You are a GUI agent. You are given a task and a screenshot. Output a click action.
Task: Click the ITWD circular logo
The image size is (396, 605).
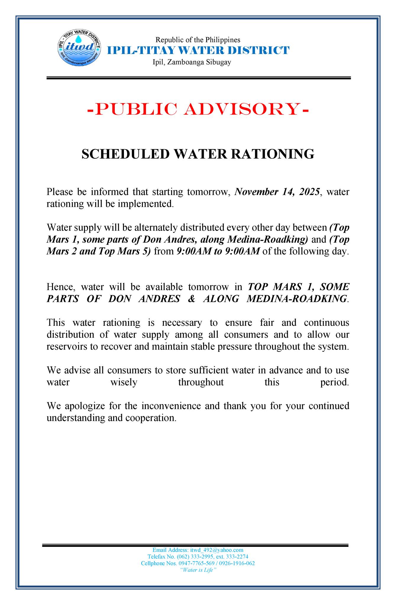tap(78, 48)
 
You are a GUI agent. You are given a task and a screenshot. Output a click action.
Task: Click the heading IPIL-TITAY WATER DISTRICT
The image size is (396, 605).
tap(198, 51)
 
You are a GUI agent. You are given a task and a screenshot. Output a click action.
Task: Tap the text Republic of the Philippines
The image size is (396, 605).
tap(198, 40)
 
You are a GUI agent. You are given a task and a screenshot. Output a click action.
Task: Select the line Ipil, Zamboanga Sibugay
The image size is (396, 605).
tap(192, 62)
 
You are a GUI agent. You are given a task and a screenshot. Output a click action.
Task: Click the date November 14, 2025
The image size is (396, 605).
tap(277, 192)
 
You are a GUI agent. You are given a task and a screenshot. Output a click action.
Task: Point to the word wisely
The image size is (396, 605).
tap(124, 382)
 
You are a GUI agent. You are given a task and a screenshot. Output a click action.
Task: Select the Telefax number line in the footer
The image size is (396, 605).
tap(198, 557)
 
